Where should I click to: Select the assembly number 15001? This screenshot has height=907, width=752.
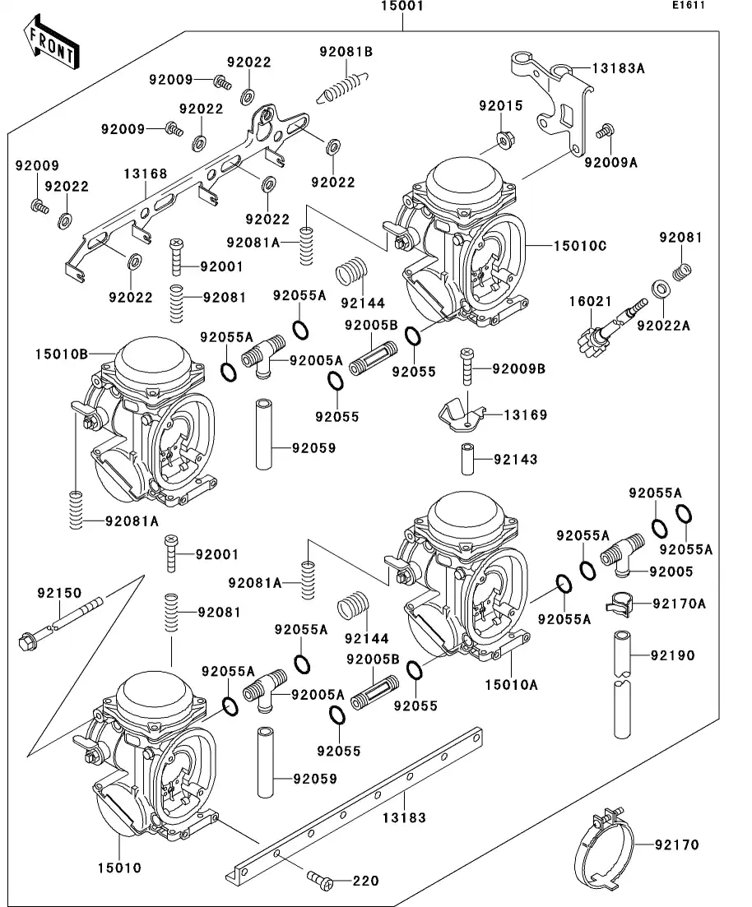[402, 7]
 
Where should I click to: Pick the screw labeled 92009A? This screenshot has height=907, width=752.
[606, 130]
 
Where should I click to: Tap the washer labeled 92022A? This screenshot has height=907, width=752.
[660, 289]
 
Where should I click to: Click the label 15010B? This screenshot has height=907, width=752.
[61, 354]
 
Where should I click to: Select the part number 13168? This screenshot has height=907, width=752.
[146, 174]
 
